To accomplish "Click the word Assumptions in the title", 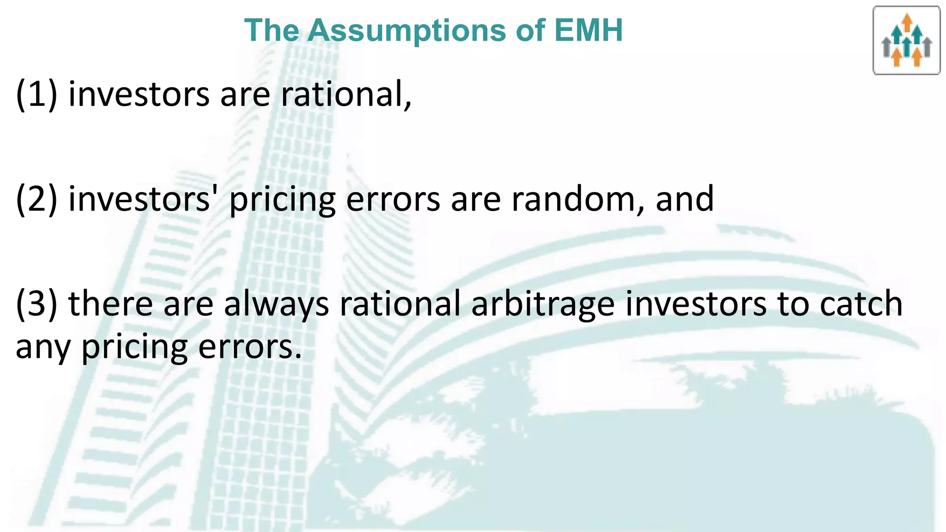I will click(406, 30).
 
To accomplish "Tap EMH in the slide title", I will click(588, 30).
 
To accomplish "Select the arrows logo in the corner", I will click(906, 41).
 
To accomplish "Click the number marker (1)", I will click(36, 95).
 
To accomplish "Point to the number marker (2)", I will click(36, 199).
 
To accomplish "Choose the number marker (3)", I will click(36, 304).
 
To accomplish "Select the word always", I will click(276, 304).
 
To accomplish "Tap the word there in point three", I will click(110, 304).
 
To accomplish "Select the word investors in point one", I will click(139, 95).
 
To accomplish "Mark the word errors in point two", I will click(393, 199).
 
